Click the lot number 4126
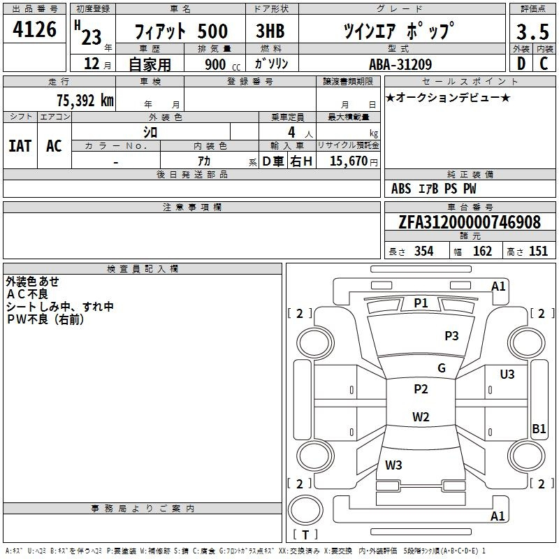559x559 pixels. tap(36, 29)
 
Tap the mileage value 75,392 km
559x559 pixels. tap(85, 100)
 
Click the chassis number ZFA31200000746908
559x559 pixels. tap(470, 222)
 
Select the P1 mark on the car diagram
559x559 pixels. tap(421, 303)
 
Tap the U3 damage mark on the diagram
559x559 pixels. tap(507, 375)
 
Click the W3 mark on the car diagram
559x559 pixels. tap(393, 465)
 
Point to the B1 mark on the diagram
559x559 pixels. tap(539, 429)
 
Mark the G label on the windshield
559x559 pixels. tap(441, 368)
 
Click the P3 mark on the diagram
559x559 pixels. tap(451, 336)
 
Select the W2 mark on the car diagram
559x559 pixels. tap(421, 417)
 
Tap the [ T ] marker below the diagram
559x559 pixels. tap(305, 535)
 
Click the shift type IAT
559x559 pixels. tap(20, 146)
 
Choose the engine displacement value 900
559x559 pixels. tap(215, 64)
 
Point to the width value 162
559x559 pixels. tap(482, 252)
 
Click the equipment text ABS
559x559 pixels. tap(401, 188)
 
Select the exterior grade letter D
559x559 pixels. tap(521, 64)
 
